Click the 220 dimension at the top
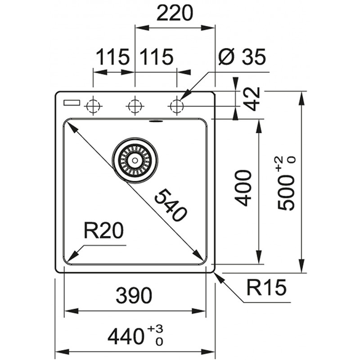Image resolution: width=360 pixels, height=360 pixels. pos(175,13)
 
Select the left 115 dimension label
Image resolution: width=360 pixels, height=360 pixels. pos(112,57)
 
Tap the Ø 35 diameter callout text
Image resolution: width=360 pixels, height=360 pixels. pos(242,56)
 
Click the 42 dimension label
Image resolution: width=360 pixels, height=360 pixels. pos(252,99)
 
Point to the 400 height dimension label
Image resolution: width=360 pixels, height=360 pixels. pos(243,188)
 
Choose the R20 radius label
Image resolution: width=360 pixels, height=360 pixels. pos(104,231)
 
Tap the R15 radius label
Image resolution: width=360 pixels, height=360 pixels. pos(266,287)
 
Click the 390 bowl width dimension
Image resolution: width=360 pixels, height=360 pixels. pos(134,296)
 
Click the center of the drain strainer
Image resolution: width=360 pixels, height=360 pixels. pos(135,160)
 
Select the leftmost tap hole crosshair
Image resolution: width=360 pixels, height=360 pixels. pos(93,106)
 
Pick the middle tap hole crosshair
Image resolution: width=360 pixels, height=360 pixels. pos(135,106)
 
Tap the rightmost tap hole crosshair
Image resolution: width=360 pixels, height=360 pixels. pos(177,106)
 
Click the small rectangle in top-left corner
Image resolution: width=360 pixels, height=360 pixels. pos(72,103)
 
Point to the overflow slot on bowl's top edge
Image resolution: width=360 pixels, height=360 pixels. pos(156,121)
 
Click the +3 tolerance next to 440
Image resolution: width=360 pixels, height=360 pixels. pos(155,329)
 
